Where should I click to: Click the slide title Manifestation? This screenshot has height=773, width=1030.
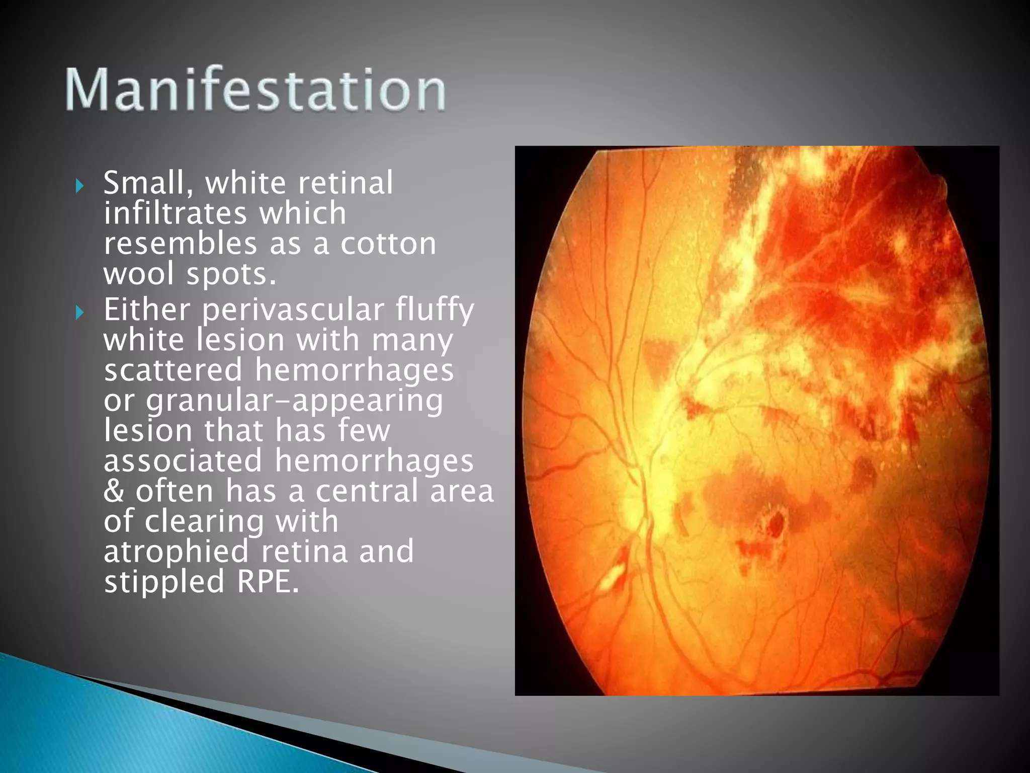[x=255, y=90]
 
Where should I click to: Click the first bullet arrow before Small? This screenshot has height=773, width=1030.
[x=79, y=186]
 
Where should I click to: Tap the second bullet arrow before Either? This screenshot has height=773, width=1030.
[x=79, y=313]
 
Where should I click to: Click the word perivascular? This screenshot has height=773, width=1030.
[x=293, y=310]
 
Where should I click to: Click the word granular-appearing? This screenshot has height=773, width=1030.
[x=294, y=401]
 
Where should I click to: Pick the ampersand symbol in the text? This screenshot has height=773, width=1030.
[x=114, y=491]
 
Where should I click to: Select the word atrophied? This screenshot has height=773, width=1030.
[x=176, y=551]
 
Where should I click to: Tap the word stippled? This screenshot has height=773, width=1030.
[x=164, y=582]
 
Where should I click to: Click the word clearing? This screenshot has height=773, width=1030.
[x=204, y=521]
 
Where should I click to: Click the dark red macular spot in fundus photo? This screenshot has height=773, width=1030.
[x=775, y=523]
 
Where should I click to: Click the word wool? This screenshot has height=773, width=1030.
[x=139, y=274]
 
